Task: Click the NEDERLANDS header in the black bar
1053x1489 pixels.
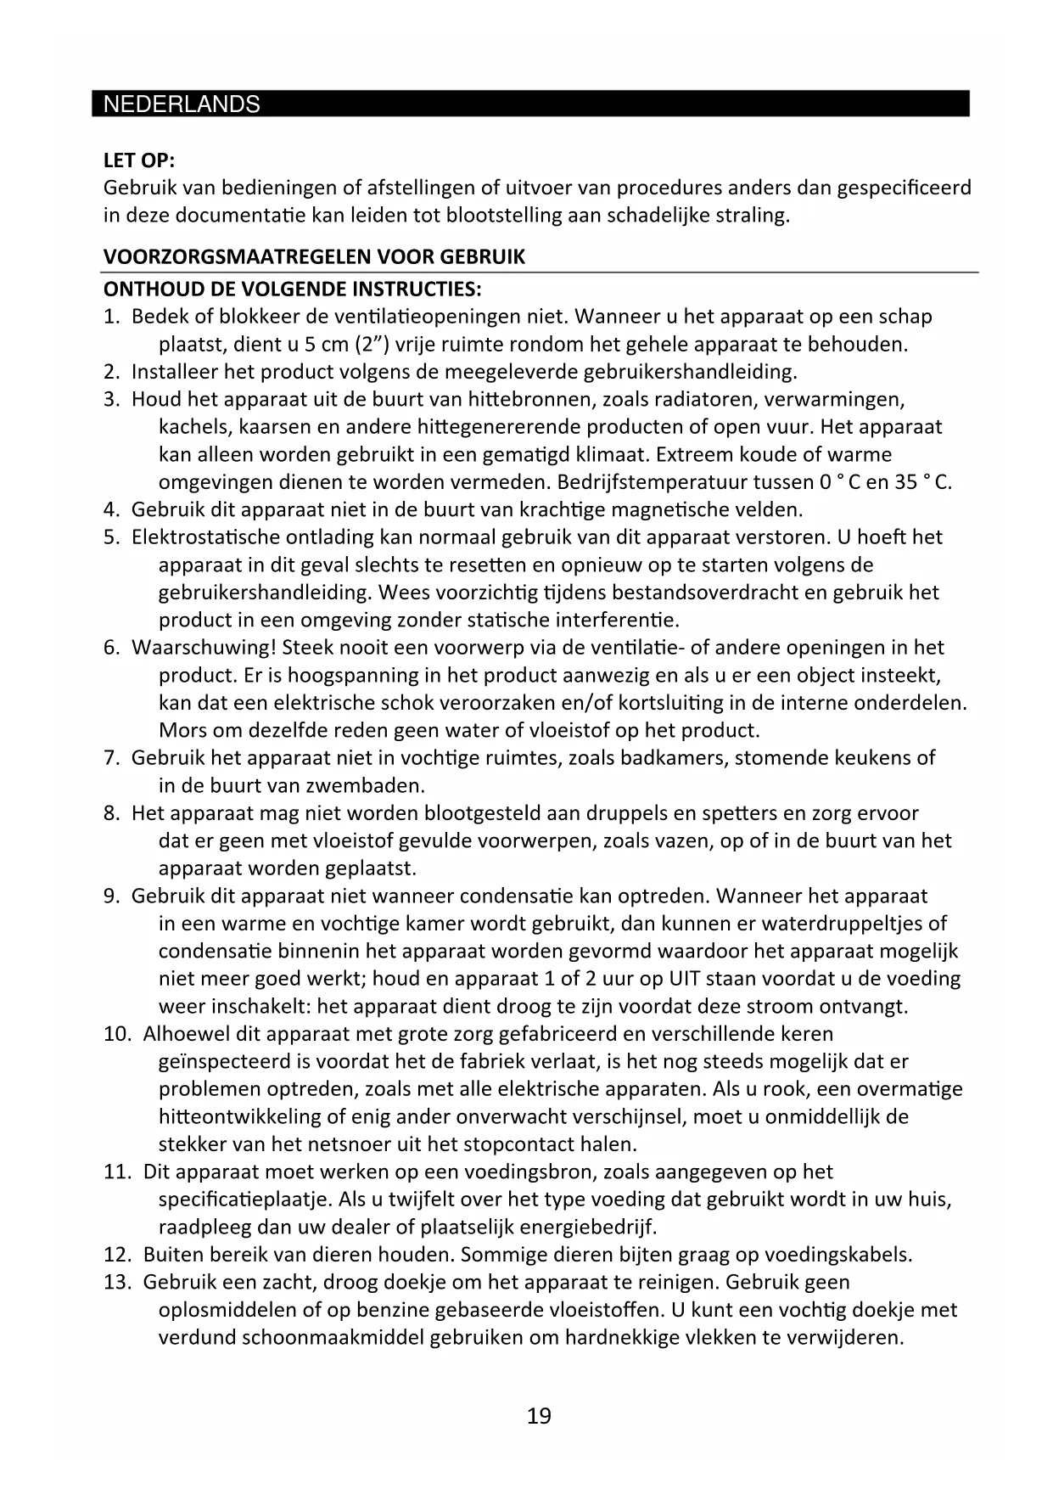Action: click(x=181, y=104)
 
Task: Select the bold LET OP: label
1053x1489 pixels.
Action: click(x=138, y=160)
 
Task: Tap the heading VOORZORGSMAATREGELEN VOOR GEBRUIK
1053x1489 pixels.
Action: click(x=314, y=257)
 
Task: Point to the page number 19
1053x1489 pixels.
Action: click(x=539, y=1416)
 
